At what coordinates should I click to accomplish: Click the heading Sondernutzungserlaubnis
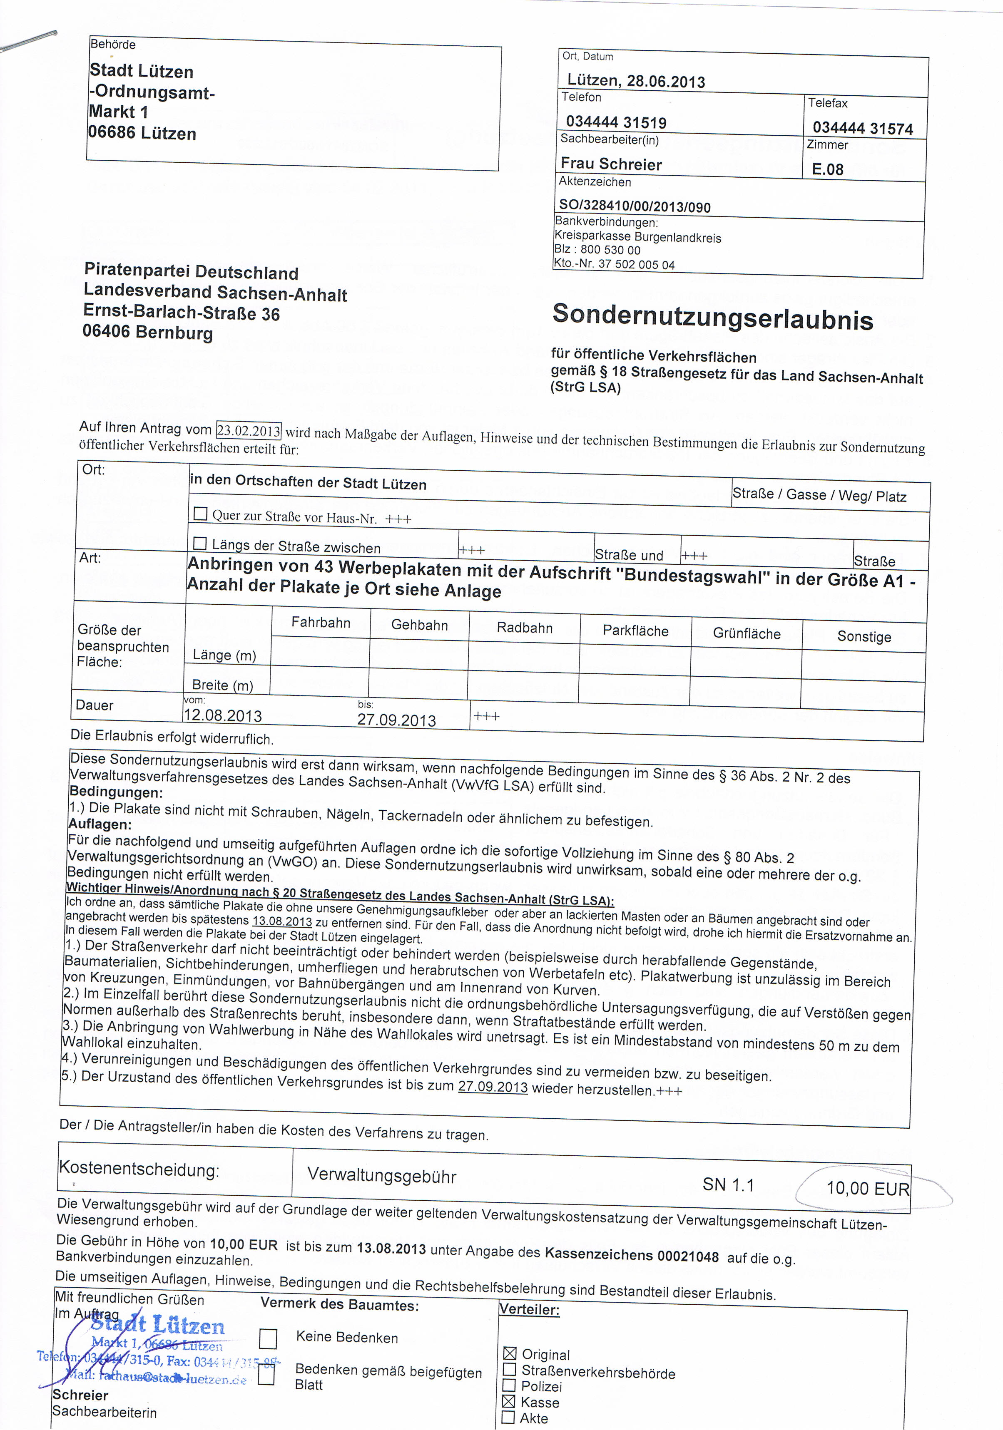pos(712,317)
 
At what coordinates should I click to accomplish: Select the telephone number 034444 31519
pos(615,122)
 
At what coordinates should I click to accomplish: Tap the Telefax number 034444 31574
pos(862,128)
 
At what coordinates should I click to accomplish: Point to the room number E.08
pos(827,169)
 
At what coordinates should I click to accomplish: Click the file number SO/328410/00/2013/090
pos(634,206)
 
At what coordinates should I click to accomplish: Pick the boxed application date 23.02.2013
pos(249,430)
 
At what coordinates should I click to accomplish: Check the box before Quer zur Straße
pos(201,514)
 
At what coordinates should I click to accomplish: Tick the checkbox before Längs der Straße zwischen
pos(200,543)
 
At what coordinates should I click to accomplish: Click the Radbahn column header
pos(525,628)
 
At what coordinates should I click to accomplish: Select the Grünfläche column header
pos(747,634)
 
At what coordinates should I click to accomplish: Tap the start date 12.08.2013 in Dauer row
pos(223,715)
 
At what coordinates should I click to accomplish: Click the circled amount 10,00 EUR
pos(867,1188)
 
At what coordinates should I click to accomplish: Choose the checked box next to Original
pos(510,1353)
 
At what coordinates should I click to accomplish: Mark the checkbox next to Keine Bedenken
pos(268,1338)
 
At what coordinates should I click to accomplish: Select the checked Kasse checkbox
pos(509,1401)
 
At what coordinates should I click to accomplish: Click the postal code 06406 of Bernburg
pos(106,331)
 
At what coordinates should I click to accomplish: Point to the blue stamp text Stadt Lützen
pos(159,1326)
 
